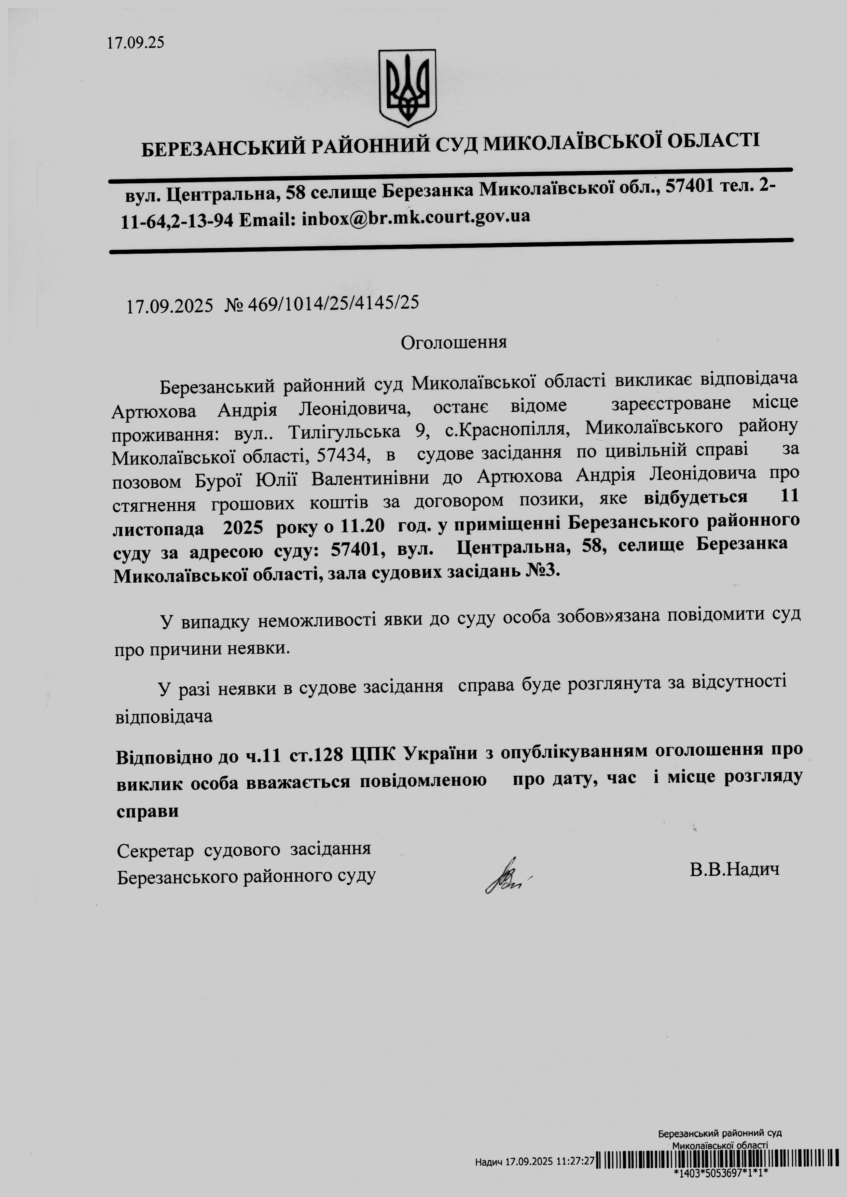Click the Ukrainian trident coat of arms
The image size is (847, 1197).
pos(407,88)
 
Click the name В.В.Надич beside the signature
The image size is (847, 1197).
pos(734,869)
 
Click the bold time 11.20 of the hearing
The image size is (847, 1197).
pos(362,527)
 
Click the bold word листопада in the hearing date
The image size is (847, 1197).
pos(158,529)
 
